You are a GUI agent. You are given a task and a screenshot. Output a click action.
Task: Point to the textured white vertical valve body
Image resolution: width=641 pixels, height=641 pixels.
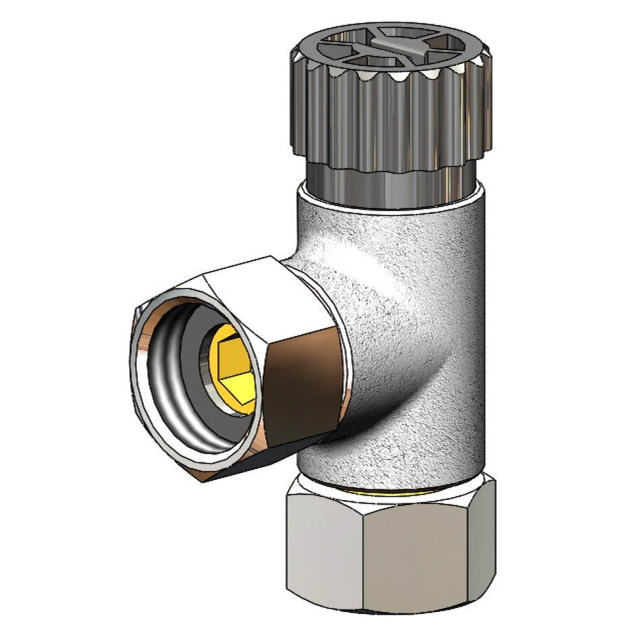click(432, 283)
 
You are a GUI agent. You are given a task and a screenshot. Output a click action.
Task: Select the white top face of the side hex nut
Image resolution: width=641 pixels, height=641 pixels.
click(270, 290)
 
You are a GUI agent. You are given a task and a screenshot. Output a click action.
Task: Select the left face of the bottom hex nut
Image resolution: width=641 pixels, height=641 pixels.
click(324, 547)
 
